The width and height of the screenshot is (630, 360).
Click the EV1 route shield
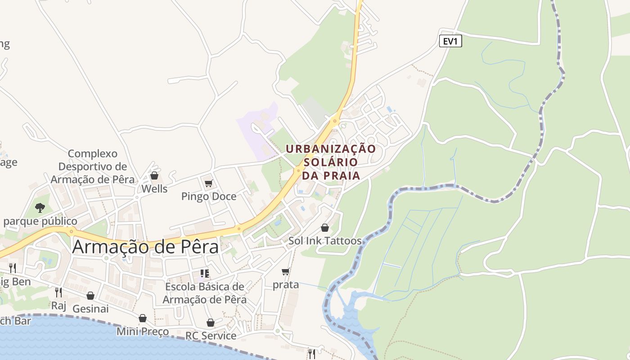(450, 41)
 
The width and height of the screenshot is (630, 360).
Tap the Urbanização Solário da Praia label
(331, 162)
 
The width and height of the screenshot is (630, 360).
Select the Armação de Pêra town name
(145, 247)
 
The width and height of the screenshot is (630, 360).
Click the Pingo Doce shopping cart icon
(208, 183)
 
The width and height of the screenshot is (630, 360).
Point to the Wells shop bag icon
(154, 175)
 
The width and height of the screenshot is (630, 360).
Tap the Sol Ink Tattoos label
(325, 241)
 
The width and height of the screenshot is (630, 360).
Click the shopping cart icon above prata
(285, 271)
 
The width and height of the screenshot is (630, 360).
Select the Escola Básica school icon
(205, 273)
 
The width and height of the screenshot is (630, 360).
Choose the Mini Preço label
(143, 332)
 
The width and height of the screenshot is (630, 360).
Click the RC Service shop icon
(210, 323)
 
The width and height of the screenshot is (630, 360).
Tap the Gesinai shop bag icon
(90, 296)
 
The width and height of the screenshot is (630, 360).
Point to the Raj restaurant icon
(58, 292)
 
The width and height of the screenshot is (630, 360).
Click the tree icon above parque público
(40, 207)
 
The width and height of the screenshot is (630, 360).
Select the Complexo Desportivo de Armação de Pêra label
(92, 166)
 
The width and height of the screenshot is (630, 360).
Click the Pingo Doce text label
(208, 196)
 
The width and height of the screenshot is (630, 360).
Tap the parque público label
(40, 221)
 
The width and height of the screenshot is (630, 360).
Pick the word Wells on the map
(154, 189)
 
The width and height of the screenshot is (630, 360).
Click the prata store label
(286, 284)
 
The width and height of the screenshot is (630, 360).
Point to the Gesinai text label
(90, 309)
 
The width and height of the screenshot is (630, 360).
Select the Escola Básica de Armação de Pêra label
(205, 293)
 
